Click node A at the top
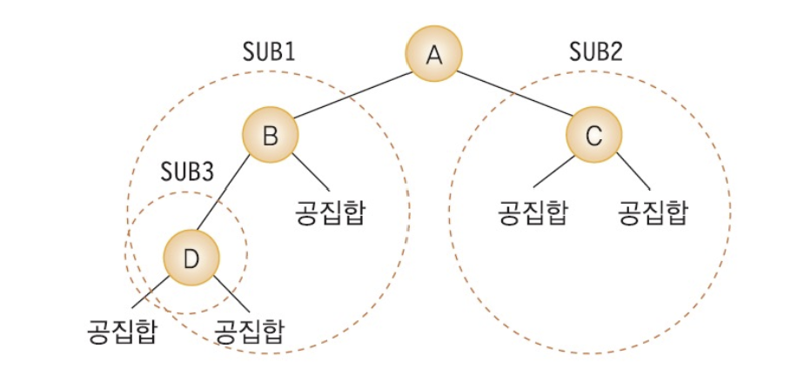tap(434, 56)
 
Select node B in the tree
tap(270, 136)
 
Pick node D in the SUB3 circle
tap(191, 258)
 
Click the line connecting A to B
tap(352, 96)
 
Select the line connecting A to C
tap(513, 96)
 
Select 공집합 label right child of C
tap(652, 213)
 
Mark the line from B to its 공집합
tap(310, 174)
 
